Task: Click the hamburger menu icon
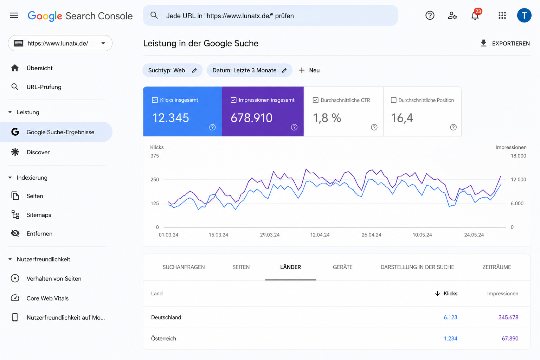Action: click(x=14, y=15)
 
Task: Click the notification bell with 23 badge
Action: click(x=475, y=15)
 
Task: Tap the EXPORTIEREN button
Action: click(x=505, y=43)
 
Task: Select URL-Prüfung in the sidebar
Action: click(x=44, y=87)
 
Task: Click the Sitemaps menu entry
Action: click(x=39, y=214)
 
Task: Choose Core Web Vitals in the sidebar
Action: click(x=47, y=298)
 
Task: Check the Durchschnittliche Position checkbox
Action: click(x=393, y=100)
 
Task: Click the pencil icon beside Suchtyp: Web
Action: click(x=194, y=70)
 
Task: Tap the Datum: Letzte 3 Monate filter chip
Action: click(x=250, y=70)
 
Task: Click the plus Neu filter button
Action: click(x=309, y=70)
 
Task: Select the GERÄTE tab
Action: click(x=342, y=267)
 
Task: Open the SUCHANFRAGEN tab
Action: click(x=184, y=267)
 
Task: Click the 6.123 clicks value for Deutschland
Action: click(x=450, y=317)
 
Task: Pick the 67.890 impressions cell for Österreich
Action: click(x=510, y=338)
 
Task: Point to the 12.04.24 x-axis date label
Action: click(x=320, y=234)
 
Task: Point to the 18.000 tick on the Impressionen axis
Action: click(x=518, y=156)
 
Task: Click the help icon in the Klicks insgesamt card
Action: click(x=212, y=127)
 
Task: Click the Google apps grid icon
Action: click(x=502, y=15)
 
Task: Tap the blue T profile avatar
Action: click(x=524, y=15)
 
